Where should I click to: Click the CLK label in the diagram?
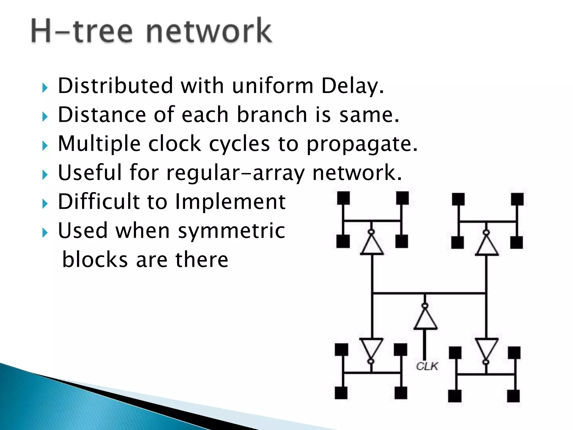coord(427,366)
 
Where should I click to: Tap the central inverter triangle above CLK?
coord(425,319)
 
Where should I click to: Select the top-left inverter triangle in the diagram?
coord(372,245)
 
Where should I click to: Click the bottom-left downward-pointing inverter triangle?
coord(371,347)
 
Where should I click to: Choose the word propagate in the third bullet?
coord(362,144)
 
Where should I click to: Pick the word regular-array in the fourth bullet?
coord(235,173)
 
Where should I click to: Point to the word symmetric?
coord(232,231)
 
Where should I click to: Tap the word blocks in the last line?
coord(95,260)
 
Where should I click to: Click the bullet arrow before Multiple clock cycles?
coord(45,146)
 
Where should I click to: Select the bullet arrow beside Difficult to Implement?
coord(45,204)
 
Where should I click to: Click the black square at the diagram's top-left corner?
coord(343,198)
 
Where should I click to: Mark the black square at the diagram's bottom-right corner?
coord(513,396)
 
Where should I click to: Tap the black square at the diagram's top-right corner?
coord(517,199)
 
